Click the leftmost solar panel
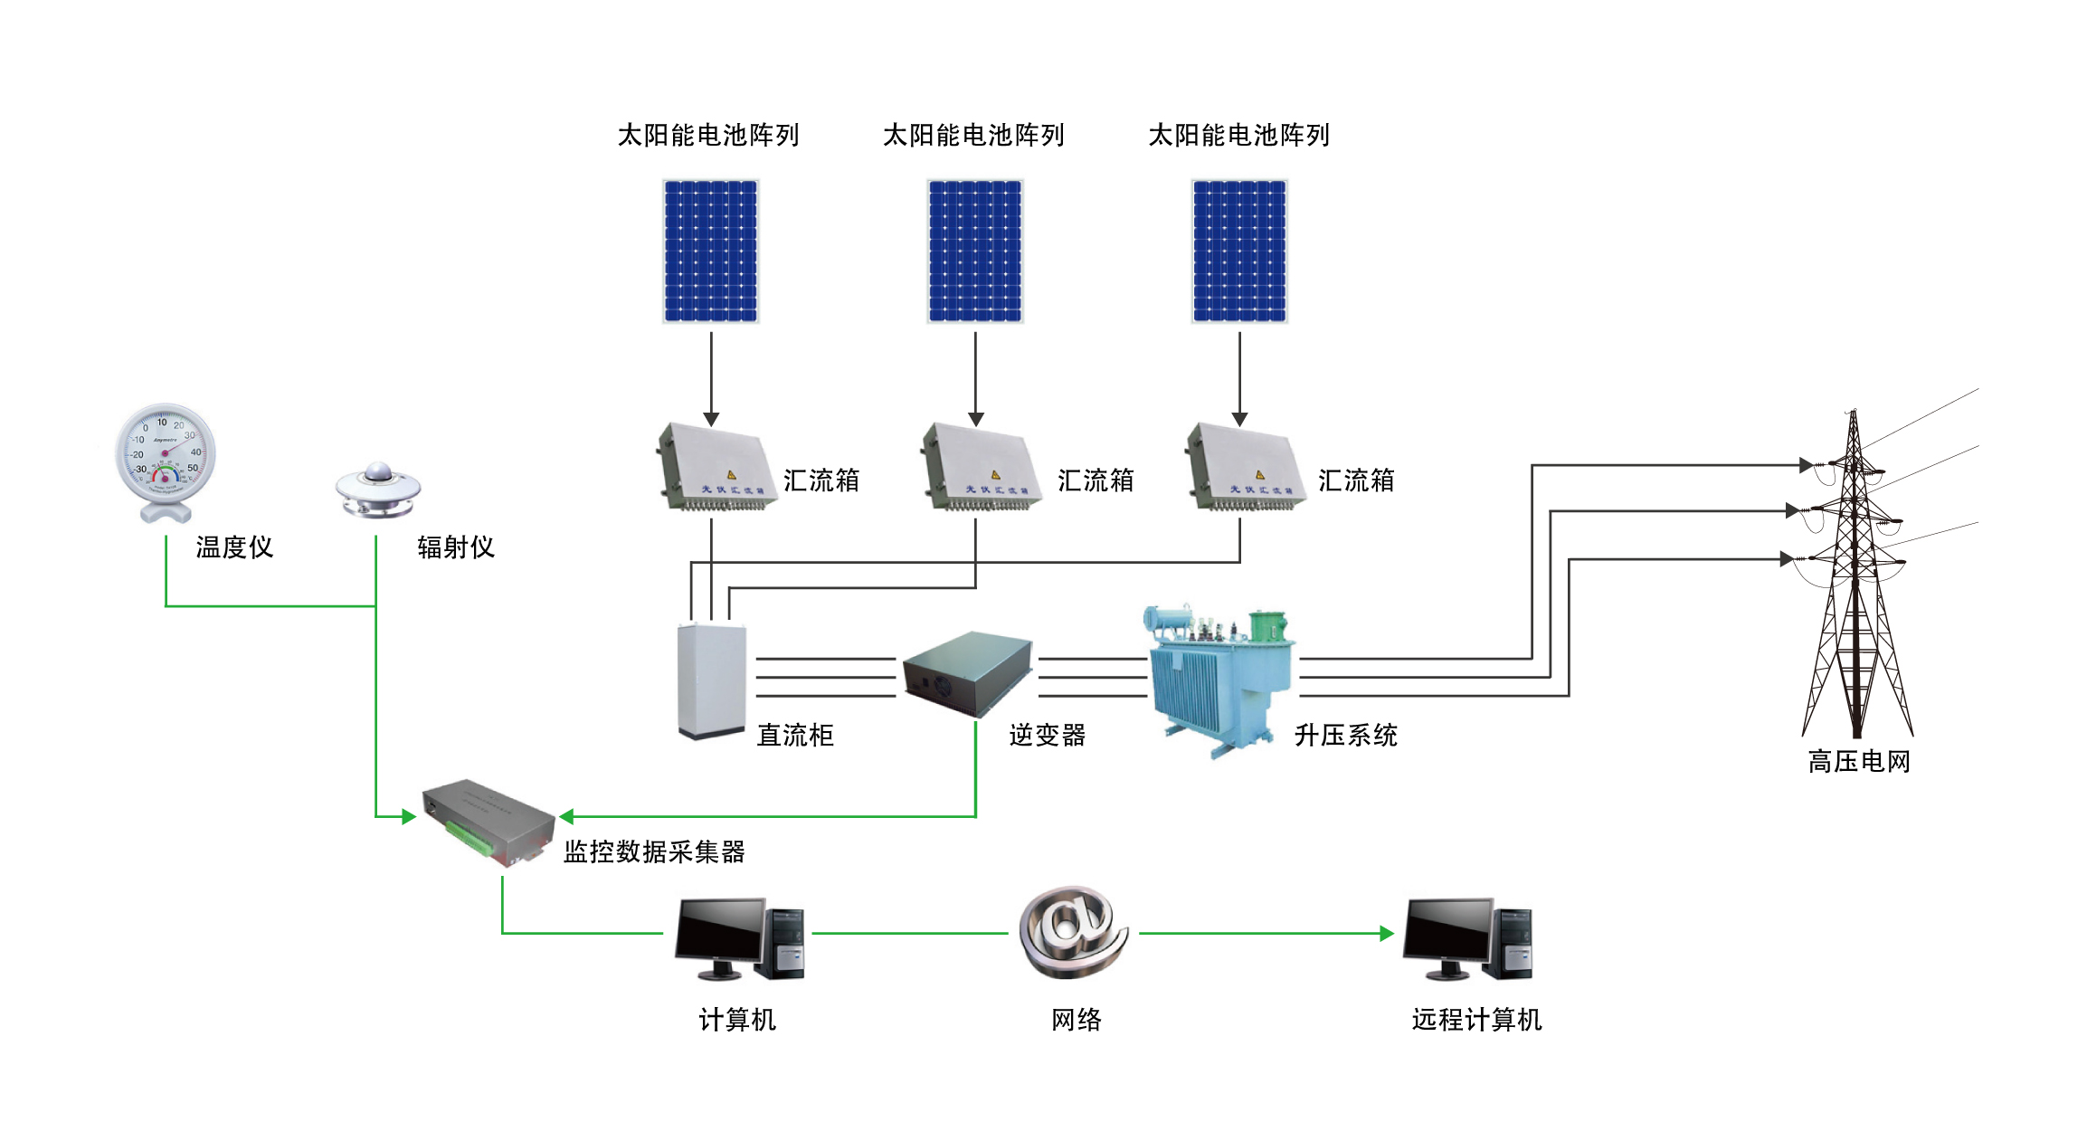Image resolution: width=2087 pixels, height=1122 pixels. pyautogui.click(x=710, y=251)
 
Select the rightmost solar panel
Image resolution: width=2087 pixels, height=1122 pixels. pyautogui.click(x=1238, y=251)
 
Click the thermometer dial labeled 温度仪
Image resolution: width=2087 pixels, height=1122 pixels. pyautogui.click(x=166, y=452)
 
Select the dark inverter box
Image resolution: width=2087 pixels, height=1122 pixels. pyautogui.click(x=968, y=672)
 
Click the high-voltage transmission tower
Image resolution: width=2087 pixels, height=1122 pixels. pyautogui.click(x=1855, y=579)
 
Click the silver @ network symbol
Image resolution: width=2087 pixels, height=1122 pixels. pyautogui.click(x=1074, y=932)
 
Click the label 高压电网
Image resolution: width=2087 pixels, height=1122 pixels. pyautogui.click(x=1859, y=762)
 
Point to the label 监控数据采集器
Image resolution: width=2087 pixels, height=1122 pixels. pyautogui.click(x=654, y=851)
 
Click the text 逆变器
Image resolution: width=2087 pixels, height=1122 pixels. pyautogui.click(x=1047, y=735)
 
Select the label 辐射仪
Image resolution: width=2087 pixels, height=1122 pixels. pyautogui.click(x=455, y=547)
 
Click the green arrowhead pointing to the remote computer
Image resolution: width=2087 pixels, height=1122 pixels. pyautogui.click(x=1386, y=933)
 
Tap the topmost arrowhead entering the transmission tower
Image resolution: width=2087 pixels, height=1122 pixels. pyautogui.click(x=1805, y=465)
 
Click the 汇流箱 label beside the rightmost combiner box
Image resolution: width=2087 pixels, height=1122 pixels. pyautogui.click(x=1355, y=480)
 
